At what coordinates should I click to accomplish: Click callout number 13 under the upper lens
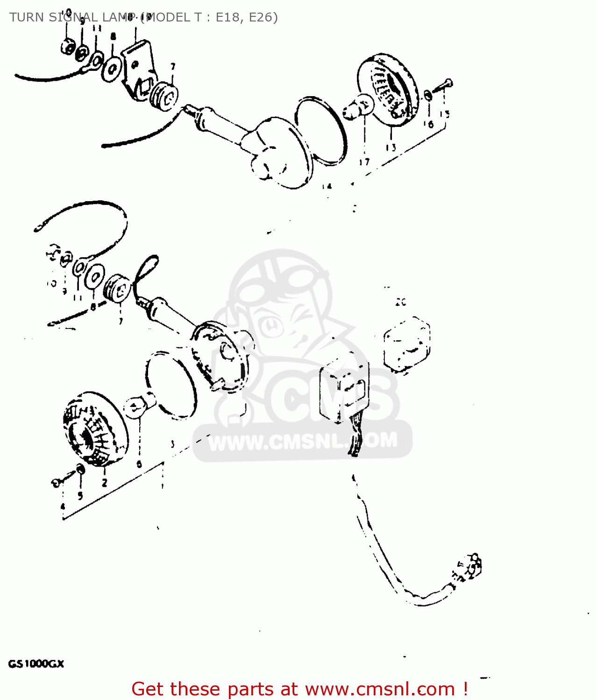(391, 147)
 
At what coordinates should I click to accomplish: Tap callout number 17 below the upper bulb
(364, 162)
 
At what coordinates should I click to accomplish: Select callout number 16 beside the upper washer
(429, 124)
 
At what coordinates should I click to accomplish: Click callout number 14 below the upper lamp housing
(327, 186)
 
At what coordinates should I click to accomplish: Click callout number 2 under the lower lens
(104, 483)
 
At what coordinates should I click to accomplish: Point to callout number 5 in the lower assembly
(80, 496)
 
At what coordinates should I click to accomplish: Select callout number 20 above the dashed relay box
(401, 302)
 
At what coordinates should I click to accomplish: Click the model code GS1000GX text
(36, 664)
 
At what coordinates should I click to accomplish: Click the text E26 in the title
(263, 17)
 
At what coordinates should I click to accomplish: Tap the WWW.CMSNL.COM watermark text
(303, 441)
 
